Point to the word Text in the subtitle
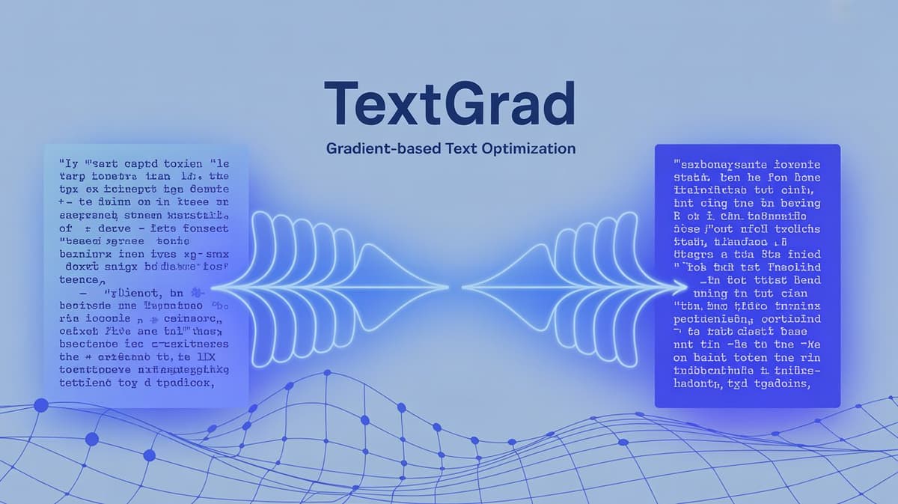point(464,148)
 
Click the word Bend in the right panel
point(804,280)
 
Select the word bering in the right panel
point(800,203)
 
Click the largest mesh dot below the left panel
point(41,406)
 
